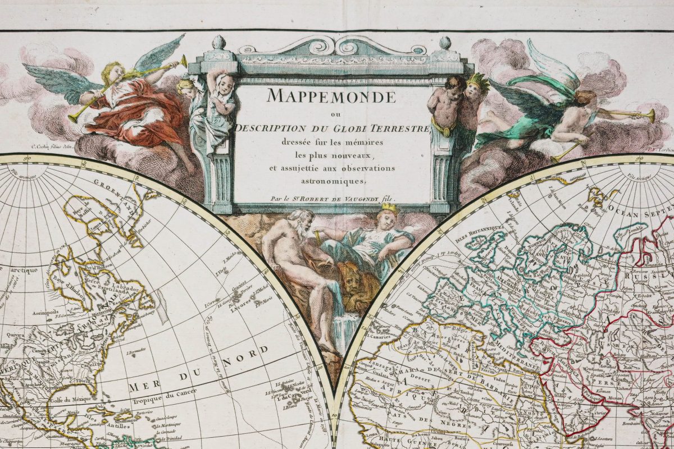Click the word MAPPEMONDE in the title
[x=331, y=97]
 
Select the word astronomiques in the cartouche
[x=333, y=181]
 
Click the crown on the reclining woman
[x=389, y=209]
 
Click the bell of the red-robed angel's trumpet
[x=183, y=59]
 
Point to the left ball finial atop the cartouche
[x=218, y=43]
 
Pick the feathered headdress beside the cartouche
[x=477, y=81]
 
